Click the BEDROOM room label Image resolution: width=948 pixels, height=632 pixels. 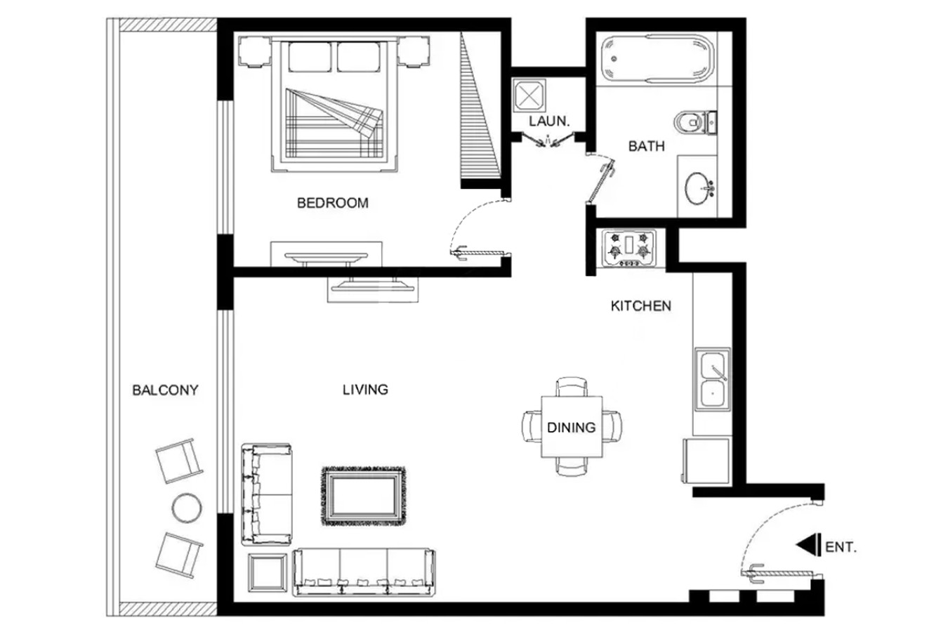pyautogui.click(x=333, y=203)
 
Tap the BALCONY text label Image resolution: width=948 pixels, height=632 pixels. pyautogui.click(x=165, y=390)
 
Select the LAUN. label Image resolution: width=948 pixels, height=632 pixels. pyautogui.click(x=549, y=121)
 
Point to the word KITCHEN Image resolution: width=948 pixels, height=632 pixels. pyautogui.click(x=640, y=305)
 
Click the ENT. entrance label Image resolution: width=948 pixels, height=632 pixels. pyautogui.click(x=841, y=547)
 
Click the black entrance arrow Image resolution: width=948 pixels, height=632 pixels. pyautogui.click(x=808, y=545)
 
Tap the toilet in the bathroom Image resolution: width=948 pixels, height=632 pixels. pyautogui.click(x=695, y=123)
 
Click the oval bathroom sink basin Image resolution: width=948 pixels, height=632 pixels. pyautogui.click(x=697, y=188)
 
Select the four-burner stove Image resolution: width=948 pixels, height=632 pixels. pyautogui.click(x=629, y=249)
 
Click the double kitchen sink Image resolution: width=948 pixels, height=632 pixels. pyautogui.click(x=713, y=379)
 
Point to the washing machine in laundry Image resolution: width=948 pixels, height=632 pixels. pyautogui.click(x=529, y=96)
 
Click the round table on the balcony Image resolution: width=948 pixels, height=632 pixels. pyautogui.click(x=187, y=508)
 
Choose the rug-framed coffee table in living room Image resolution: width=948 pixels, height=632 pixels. pyautogui.click(x=364, y=496)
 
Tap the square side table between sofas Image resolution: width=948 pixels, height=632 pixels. pyautogui.click(x=268, y=572)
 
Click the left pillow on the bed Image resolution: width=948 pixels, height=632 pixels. pyautogui.click(x=310, y=57)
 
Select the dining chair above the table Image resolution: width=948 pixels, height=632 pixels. pyautogui.click(x=572, y=387)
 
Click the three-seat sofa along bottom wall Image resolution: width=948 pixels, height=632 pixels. pyautogui.click(x=364, y=572)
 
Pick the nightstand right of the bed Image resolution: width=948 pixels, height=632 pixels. pyautogui.click(x=414, y=52)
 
